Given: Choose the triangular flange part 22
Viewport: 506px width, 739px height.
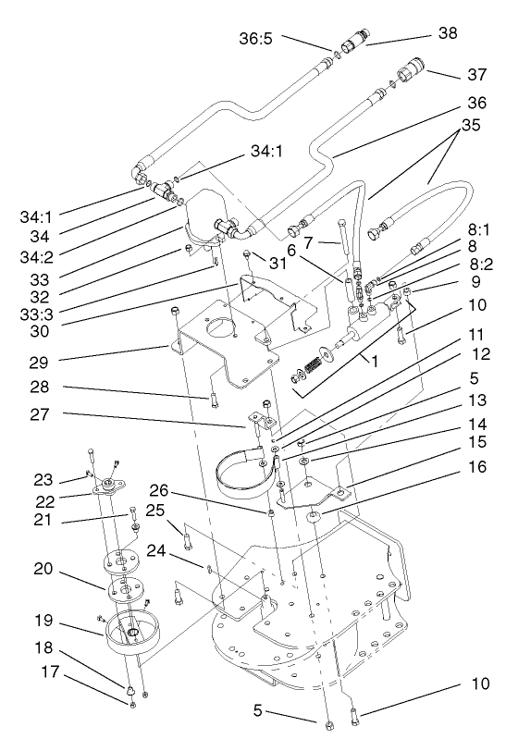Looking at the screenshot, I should (109, 490).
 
